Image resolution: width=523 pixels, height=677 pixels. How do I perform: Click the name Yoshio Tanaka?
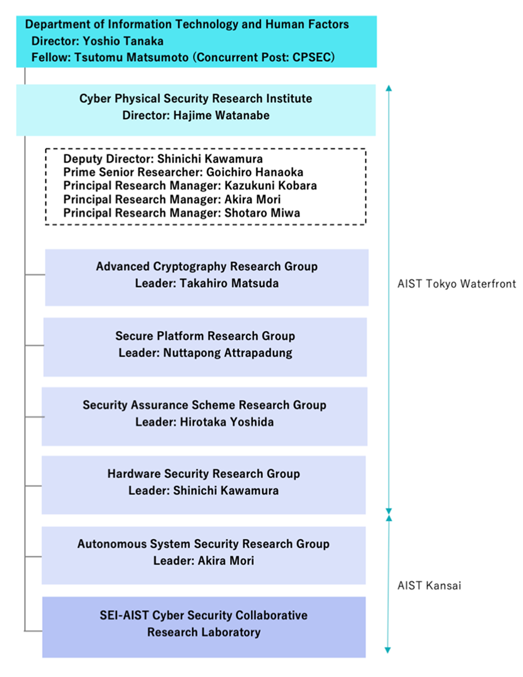pos(131,41)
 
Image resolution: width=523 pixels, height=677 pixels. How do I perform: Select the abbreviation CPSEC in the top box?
pos(313,57)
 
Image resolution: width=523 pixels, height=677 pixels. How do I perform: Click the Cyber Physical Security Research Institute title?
pos(196,98)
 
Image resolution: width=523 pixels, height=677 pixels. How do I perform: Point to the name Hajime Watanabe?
pos(222,115)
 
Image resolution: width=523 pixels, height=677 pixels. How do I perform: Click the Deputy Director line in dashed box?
pos(163,159)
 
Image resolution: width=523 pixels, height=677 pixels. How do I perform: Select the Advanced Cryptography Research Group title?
pos(207,266)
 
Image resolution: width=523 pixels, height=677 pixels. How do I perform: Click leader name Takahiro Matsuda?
pos(229,283)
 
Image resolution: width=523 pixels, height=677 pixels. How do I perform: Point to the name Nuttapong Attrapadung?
pos(227,353)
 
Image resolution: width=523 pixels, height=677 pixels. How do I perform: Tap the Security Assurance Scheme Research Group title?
pos(204,405)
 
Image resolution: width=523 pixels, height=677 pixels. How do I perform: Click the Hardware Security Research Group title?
pos(204,474)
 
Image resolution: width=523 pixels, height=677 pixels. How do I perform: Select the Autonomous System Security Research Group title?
pos(203,544)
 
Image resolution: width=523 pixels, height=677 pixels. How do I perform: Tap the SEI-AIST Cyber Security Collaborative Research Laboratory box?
pos(204,624)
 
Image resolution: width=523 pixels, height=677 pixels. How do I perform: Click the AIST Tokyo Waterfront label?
pos(456,284)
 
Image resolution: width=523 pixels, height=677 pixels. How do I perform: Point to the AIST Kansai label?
pos(429,585)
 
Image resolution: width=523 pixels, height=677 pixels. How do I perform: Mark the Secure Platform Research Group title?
pos(205,336)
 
